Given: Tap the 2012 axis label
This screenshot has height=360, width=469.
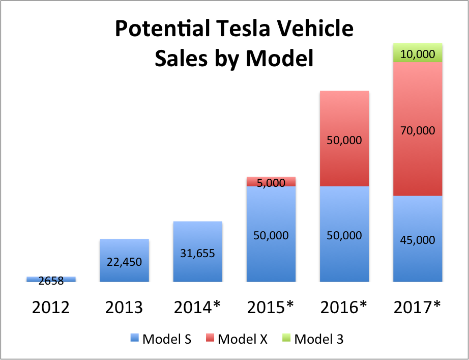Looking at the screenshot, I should tap(50, 308).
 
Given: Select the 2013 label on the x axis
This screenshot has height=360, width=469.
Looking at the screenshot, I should tap(124, 308).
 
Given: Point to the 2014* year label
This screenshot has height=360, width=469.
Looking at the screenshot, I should tap(197, 308).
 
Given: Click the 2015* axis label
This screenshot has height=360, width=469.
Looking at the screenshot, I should tap(271, 308).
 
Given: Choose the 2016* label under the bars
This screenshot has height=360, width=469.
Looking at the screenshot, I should tap(344, 308).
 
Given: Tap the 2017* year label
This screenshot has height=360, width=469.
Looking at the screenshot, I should tap(417, 308).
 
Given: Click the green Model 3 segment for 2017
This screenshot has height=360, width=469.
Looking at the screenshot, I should tap(418, 53).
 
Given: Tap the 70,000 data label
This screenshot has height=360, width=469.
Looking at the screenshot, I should tap(418, 130).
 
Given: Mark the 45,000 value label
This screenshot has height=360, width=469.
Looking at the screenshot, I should tap(418, 239).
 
